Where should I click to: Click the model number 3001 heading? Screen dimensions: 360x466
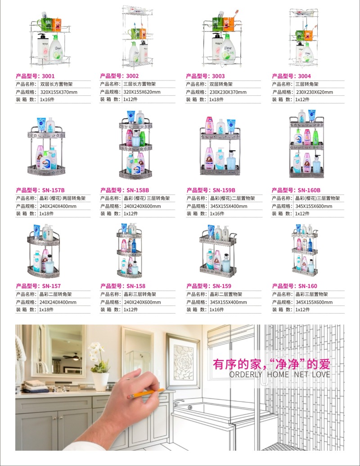click(x=36, y=76)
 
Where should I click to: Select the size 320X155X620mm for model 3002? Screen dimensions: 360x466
click(x=142, y=92)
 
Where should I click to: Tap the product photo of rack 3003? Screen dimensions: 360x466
click(x=222, y=38)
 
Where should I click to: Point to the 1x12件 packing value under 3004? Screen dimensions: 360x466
click(x=302, y=99)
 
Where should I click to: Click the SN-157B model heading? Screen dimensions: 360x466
click(x=40, y=190)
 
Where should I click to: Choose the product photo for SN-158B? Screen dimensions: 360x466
click(x=136, y=145)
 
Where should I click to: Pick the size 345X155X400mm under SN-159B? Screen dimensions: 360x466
click(x=229, y=206)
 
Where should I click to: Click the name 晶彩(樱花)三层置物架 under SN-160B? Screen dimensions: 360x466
click(x=318, y=198)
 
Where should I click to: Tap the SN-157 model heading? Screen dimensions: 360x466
click(x=38, y=286)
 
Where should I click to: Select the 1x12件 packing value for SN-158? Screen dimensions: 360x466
click(x=131, y=309)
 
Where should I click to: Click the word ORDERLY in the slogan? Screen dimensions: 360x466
click(x=246, y=374)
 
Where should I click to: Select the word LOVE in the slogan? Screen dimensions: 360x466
click(x=321, y=374)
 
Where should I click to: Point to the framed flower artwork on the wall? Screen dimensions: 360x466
click(x=183, y=361)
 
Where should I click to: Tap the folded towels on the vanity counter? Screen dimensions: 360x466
click(x=35, y=386)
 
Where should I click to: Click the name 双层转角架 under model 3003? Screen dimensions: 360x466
click(x=221, y=84)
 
